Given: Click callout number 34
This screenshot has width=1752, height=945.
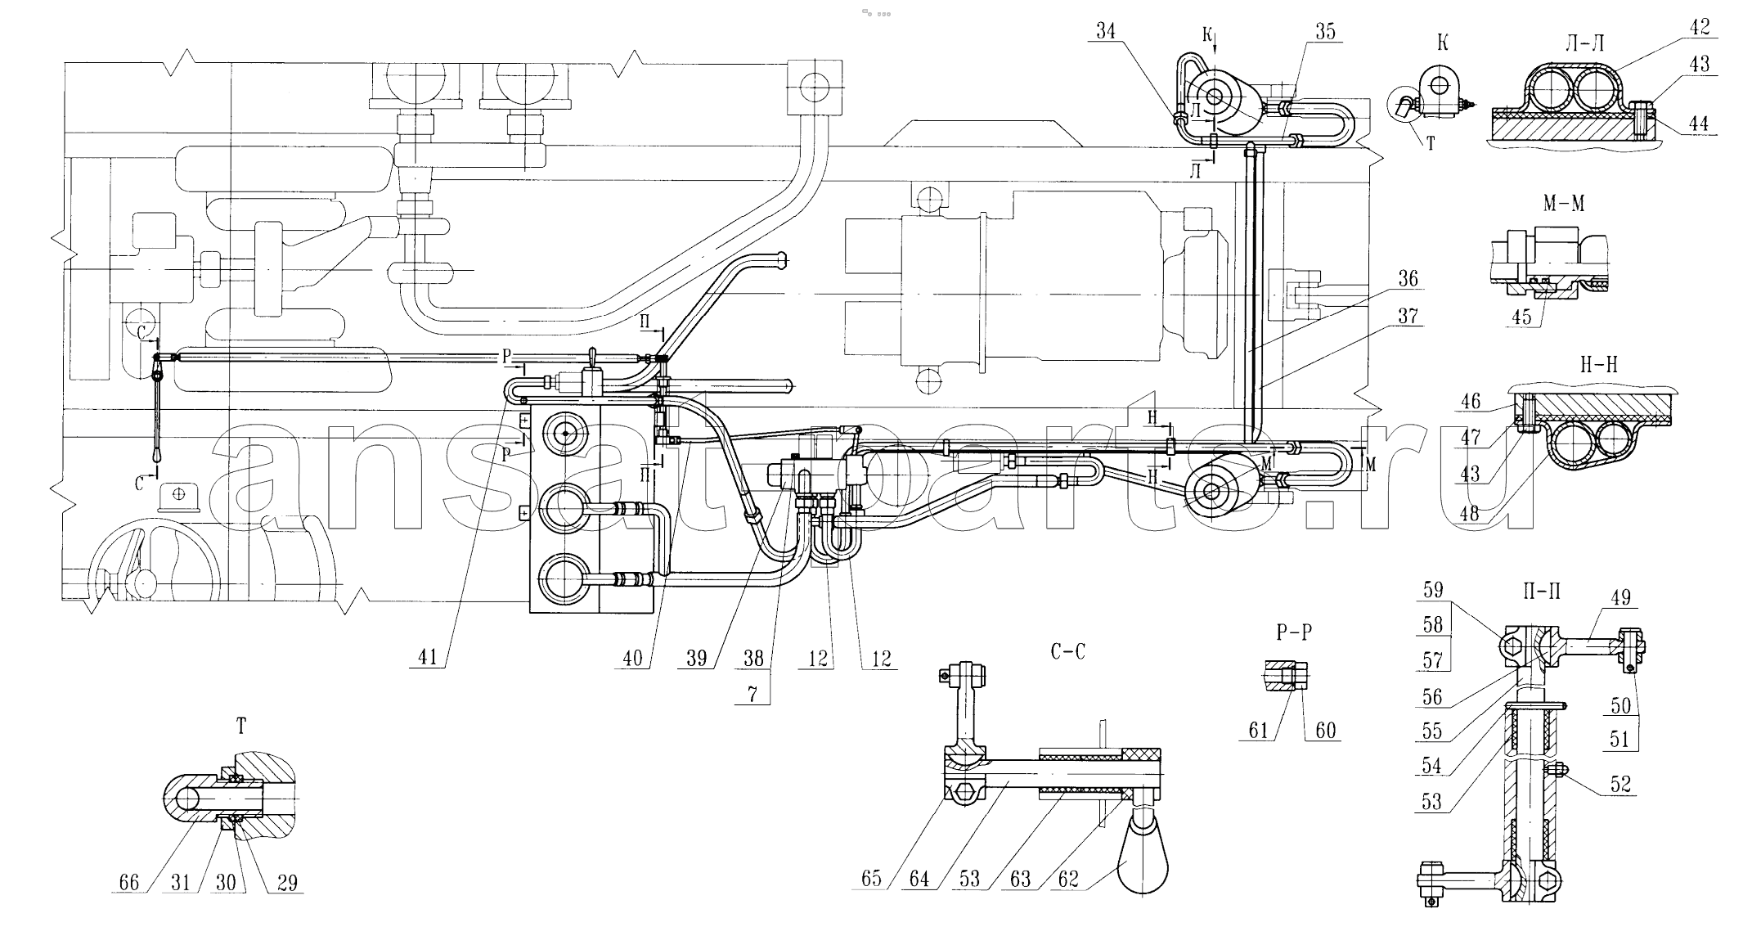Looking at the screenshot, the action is point(1106,31).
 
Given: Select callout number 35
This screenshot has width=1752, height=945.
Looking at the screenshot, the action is point(1325,31).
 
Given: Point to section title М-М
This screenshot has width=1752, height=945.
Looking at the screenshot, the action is point(1563,204).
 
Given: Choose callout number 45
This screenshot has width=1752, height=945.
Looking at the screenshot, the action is point(1521,317).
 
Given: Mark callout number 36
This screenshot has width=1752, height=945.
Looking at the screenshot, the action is point(1407,279).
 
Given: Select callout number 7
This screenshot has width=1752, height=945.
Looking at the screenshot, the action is point(752,695).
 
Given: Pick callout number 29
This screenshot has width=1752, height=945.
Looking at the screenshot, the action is point(287,883).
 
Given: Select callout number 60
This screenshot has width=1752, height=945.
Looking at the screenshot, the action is point(1325,731).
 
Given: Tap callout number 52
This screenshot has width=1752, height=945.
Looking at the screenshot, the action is point(1620,785).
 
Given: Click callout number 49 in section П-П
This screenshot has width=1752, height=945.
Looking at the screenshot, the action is point(1620,598).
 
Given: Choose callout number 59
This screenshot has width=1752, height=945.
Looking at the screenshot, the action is point(1433,590).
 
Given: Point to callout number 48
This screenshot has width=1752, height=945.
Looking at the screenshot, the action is point(1470,513).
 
